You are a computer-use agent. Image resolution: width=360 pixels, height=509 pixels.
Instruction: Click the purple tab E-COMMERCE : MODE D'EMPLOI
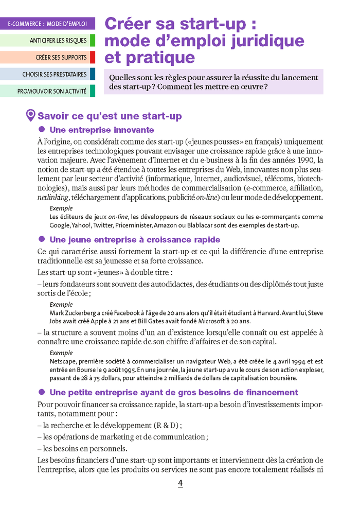click(47, 24)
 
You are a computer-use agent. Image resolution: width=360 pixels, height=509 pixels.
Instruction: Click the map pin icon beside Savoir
click(30, 115)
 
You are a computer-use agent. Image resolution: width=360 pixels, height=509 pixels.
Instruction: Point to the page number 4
click(180, 483)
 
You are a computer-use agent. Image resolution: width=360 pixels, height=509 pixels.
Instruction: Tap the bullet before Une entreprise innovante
click(43, 130)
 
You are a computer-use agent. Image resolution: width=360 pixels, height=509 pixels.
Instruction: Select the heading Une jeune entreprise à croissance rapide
click(135, 239)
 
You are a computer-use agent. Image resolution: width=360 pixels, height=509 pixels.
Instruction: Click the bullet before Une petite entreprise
click(43, 392)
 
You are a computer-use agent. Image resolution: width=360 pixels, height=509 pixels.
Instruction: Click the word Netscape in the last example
click(63, 362)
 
